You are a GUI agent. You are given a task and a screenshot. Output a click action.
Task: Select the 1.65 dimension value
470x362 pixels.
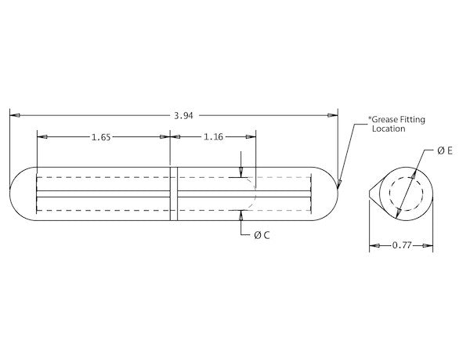[100, 137]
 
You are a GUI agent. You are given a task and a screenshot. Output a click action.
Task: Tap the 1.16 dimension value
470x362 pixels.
[213, 137]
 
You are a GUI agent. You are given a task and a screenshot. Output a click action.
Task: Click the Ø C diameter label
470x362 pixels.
[262, 234]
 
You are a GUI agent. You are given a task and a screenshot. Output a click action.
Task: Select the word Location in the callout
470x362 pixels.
[389, 129]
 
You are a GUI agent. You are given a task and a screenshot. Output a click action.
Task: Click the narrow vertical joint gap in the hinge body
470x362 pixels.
[174, 193]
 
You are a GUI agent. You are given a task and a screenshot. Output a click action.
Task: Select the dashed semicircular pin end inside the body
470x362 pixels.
[251, 193]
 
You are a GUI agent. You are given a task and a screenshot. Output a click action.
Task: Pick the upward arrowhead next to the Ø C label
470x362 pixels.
[241, 215]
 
